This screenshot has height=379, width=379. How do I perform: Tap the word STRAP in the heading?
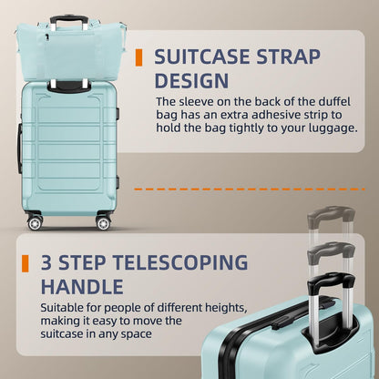click(289, 56)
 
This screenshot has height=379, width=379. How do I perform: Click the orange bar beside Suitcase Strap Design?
click(138, 56)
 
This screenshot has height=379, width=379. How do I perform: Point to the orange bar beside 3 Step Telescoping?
click(20, 263)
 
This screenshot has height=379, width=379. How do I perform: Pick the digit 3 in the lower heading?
click(43, 264)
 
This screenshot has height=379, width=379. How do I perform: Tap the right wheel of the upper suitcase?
click(102, 221)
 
